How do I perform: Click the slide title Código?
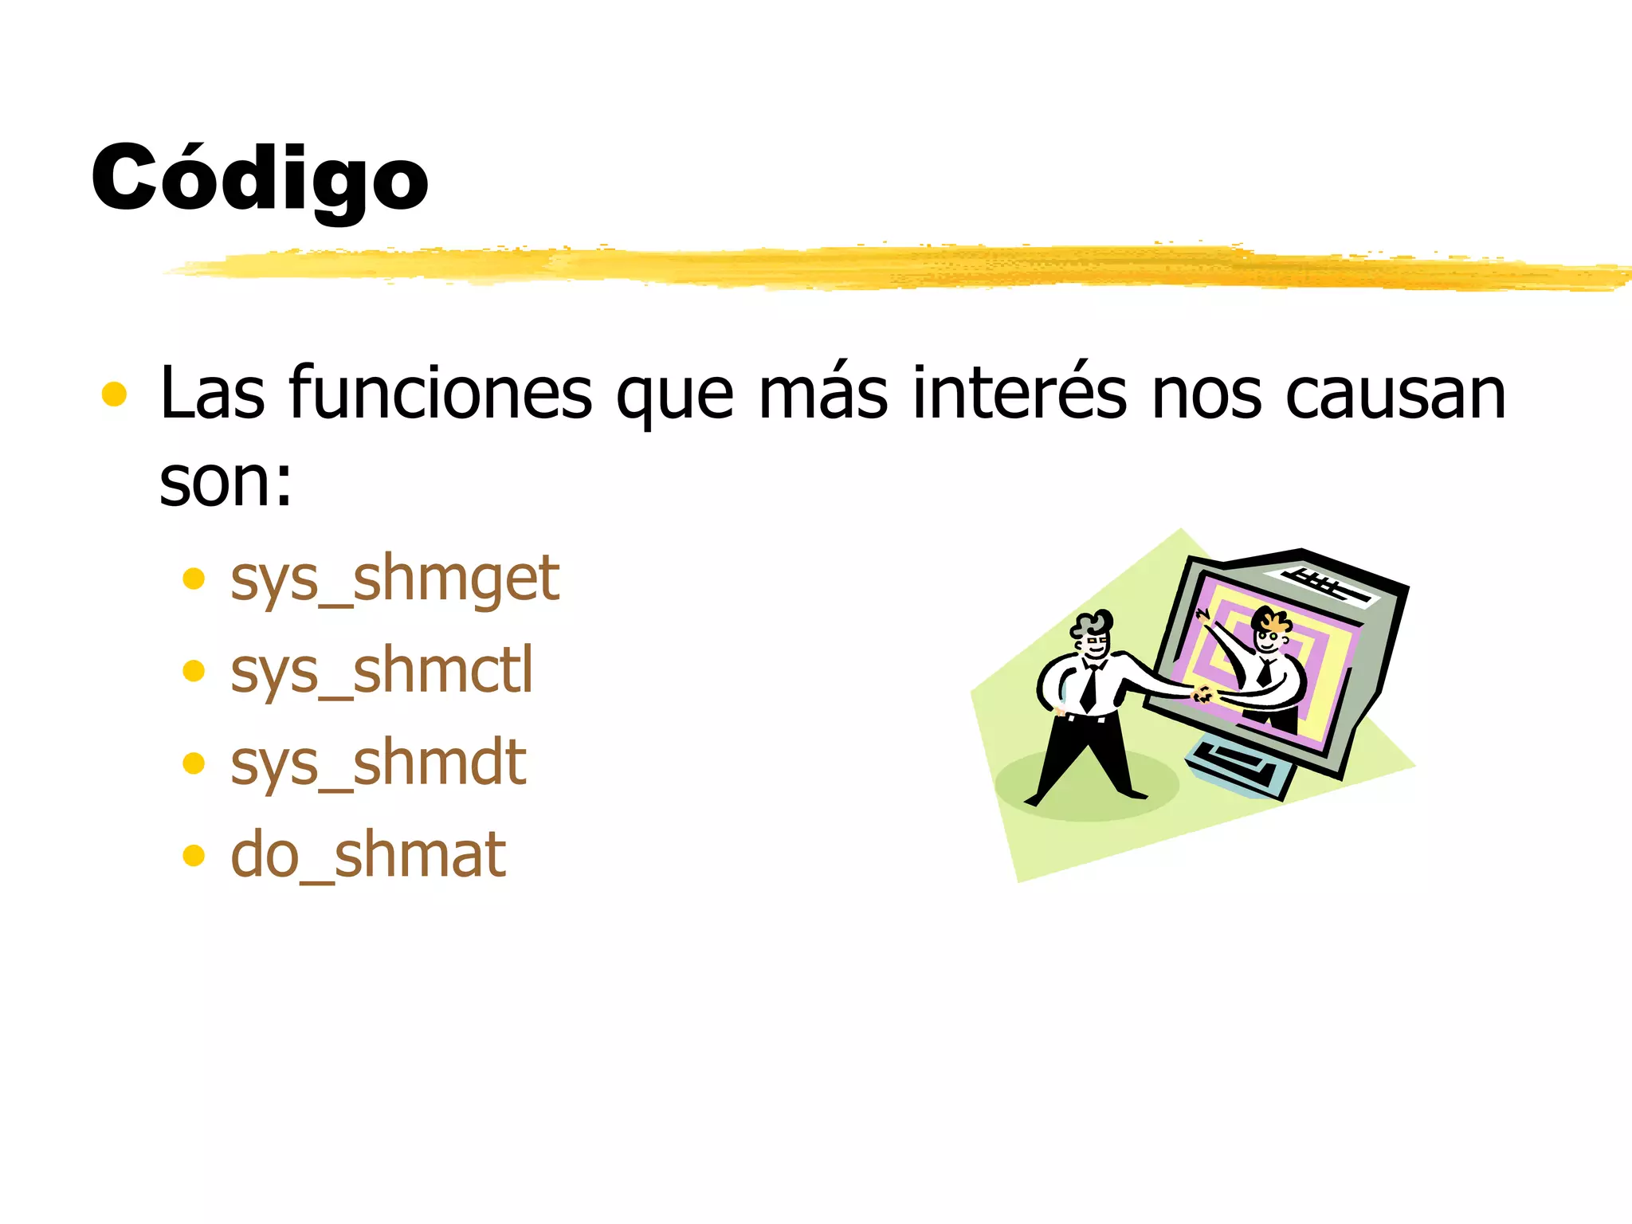click(x=260, y=178)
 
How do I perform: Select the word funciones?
click(x=440, y=393)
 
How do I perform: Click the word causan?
click(x=1395, y=393)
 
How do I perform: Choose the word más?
click(x=822, y=393)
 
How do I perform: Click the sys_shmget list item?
click(x=394, y=579)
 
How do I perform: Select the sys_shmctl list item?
click(x=381, y=671)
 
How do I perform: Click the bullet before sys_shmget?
click(x=194, y=579)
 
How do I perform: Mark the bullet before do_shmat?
click(x=194, y=856)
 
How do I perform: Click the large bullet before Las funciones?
click(x=115, y=394)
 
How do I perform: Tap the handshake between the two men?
click(x=1203, y=694)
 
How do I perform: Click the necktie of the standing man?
click(x=1089, y=688)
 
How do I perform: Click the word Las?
click(x=212, y=393)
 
